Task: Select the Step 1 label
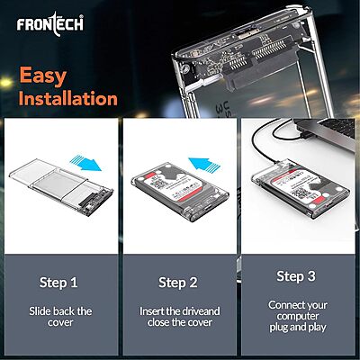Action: click(x=58, y=283)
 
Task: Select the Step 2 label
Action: click(x=178, y=283)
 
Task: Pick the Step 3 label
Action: click(x=296, y=276)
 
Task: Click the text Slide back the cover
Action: click(x=58, y=318)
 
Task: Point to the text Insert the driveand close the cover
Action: click(x=178, y=318)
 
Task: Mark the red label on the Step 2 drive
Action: click(x=171, y=202)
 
